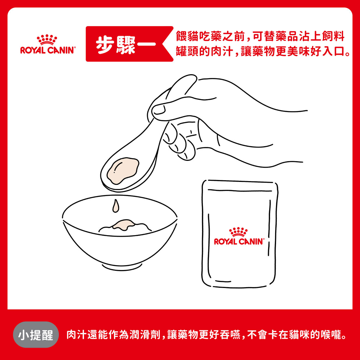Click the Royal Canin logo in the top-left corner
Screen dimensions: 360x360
pyautogui.click(x=47, y=45)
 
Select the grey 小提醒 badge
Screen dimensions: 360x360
pyautogui.click(x=36, y=335)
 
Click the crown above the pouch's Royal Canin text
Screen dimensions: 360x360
pyautogui.click(x=238, y=232)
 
